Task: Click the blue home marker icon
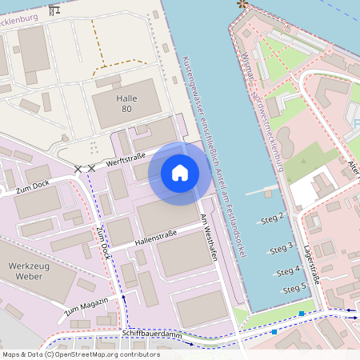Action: click(x=180, y=173)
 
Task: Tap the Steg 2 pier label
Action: click(x=272, y=218)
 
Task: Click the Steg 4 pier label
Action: click(x=288, y=272)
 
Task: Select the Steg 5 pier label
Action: click(x=294, y=288)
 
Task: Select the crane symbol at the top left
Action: click(x=54, y=11)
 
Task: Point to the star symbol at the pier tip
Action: click(x=242, y=5)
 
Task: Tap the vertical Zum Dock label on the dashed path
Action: click(x=102, y=243)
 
